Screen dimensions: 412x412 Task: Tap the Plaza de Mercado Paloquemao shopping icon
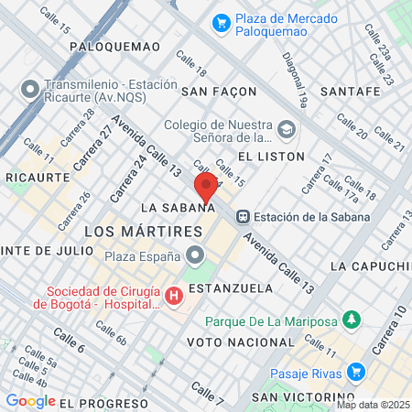click(220, 22)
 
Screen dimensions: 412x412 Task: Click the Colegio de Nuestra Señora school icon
click(287, 129)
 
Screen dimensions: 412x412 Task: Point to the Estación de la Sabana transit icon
click(244, 217)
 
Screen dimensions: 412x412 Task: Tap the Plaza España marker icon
click(194, 255)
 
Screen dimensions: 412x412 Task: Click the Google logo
click(31, 401)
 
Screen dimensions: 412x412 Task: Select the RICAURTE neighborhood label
click(38, 176)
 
